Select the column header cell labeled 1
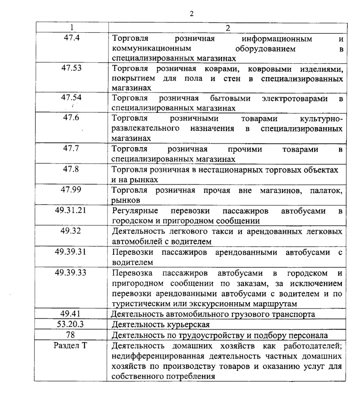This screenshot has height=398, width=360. pyautogui.click(x=71, y=28)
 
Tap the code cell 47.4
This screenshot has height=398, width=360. pyautogui.click(x=71, y=38)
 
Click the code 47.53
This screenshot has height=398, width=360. pyautogui.click(x=71, y=68)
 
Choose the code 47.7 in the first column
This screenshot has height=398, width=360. pyautogui.click(x=71, y=148)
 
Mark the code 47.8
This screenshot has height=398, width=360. pyautogui.click(x=71, y=168)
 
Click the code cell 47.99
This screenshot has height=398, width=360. pyautogui.click(x=71, y=189)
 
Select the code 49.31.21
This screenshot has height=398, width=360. pyautogui.click(x=71, y=209)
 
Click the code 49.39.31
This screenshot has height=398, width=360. pyautogui.click(x=71, y=251)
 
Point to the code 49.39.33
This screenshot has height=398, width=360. pyautogui.click(x=71, y=272)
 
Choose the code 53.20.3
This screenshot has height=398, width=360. pyautogui.click(x=71, y=324)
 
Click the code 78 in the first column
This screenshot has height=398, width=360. pyautogui.click(x=71, y=335)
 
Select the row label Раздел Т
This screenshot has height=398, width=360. pyautogui.click(x=71, y=345)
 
